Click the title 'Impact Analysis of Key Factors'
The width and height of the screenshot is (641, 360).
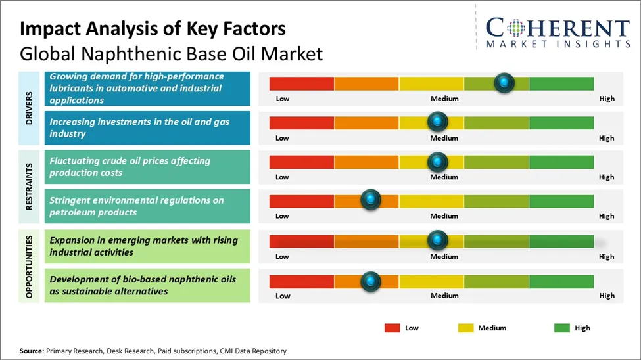(x=153, y=29)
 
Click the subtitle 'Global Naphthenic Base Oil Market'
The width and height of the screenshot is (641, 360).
(x=171, y=53)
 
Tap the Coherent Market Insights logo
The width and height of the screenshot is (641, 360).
(x=557, y=32)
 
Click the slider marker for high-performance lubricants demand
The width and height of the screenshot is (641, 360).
(x=504, y=83)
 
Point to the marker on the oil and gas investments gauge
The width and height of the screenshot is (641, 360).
(x=437, y=122)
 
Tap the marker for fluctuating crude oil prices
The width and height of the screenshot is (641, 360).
(x=437, y=162)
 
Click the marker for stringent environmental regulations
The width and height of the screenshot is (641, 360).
(x=371, y=200)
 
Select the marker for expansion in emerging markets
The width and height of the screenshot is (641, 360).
(x=437, y=240)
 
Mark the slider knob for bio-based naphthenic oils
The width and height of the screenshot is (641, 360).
(x=371, y=281)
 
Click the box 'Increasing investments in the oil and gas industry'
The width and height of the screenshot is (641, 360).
(x=147, y=127)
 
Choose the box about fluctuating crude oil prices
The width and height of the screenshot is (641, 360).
(x=147, y=167)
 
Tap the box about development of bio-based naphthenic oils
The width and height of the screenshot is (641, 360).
(x=147, y=285)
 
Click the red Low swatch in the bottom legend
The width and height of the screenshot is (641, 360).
(x=392, y=328)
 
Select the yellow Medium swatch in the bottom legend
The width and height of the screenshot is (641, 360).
(x=465, y=328)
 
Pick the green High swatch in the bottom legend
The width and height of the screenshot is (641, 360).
(x=562, y=328)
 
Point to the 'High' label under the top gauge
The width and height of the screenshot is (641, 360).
(x=606, y=99)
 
